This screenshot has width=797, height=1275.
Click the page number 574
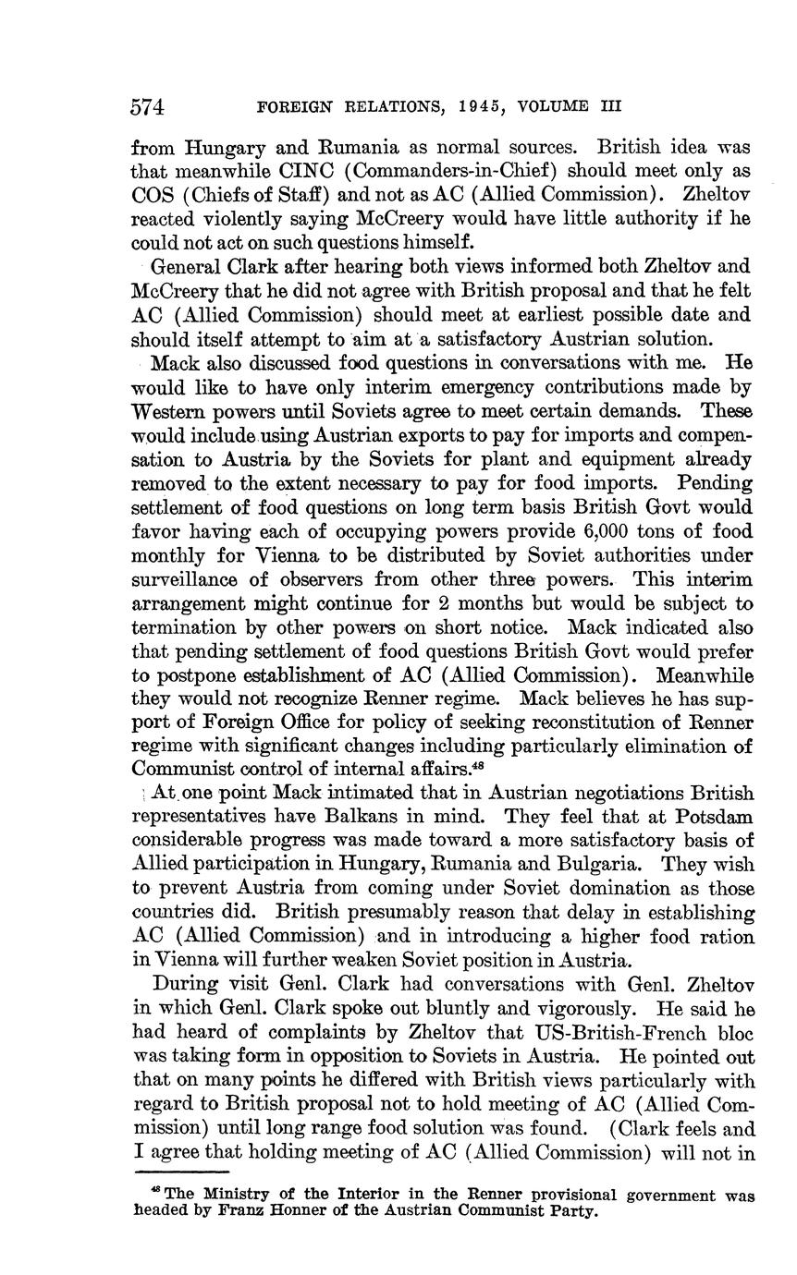(148, 107)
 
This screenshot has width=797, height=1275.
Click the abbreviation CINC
(275, 172)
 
